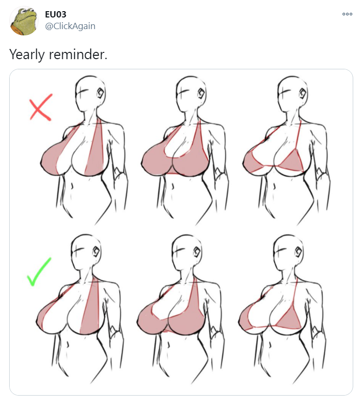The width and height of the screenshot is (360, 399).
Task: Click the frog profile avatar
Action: click(x=24, y=21)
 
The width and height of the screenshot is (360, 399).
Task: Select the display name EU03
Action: click(x=55, y=14)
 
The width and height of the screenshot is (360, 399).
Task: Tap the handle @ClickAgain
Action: click(x=70, y=26)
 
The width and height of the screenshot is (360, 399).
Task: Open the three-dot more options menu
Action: click(x=347, y=14)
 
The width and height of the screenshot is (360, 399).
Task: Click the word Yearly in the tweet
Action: click(x=27, y=54)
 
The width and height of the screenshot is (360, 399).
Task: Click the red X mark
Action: click(x=41, y=107)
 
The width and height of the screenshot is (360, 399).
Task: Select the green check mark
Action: click(x=39, y=272)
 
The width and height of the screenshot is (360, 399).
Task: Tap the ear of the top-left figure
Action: click(x=101, y=94)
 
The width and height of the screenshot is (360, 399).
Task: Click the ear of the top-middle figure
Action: click(x=202, y=94)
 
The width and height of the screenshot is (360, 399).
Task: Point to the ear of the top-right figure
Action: click(x=302, y=94)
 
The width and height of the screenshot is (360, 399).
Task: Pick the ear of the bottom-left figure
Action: click(x=96, y=252)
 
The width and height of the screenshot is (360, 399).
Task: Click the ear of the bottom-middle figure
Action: click(x=197, y=252)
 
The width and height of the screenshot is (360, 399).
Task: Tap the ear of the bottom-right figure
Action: click(x=298, y=252)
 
